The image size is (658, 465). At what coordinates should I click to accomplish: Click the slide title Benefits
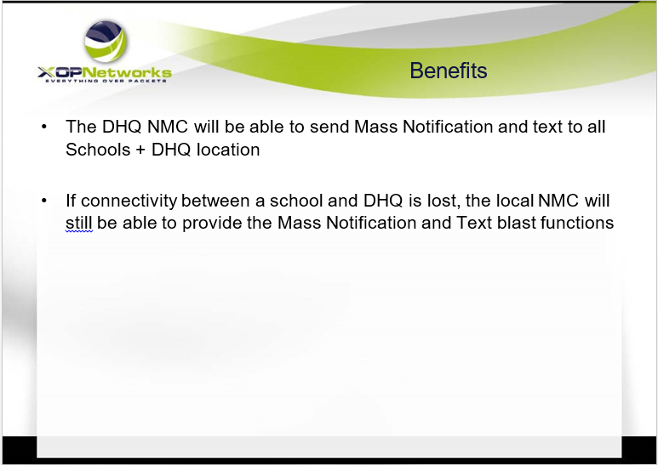click(x=449, y=71)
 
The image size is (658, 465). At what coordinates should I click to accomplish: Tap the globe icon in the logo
click(x=106, y=41)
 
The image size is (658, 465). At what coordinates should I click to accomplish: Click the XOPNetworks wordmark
click(x=105, y=72)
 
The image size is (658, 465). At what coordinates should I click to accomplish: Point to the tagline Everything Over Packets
click(x=106, y=81)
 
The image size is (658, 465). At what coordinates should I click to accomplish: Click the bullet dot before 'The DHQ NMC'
click(x=44, y=127)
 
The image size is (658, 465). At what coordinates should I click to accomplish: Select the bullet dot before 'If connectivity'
click(x=44, y=201)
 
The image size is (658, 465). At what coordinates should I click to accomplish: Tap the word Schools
click(x=98, y=150)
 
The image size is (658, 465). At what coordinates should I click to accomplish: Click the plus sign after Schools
click(x=140, y=150)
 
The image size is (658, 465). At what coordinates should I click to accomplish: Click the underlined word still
click(x=79, y=224)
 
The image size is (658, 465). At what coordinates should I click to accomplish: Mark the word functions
click(x=577, y=223)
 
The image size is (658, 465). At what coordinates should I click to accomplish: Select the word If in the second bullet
click(x=71, y=201)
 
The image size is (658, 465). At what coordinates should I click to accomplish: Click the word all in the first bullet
click(x=597, y=127)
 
